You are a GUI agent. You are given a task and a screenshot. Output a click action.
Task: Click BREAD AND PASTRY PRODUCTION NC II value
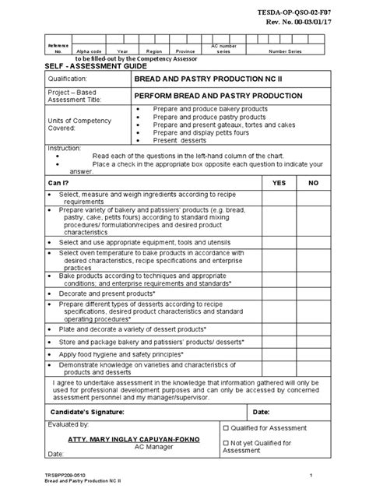(x=199, y=80)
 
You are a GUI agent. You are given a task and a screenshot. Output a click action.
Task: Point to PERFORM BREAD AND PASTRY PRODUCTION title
(x=209, y=96)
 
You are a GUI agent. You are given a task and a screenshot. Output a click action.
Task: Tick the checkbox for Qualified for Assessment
(x=226, y=428)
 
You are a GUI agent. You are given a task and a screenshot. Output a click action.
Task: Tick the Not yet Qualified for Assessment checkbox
(x=226, y=442)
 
